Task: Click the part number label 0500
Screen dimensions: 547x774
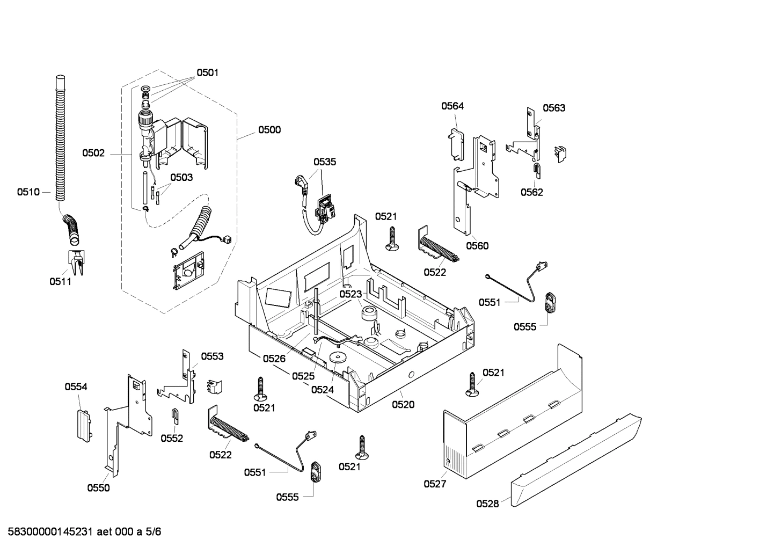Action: [x=269, y=129]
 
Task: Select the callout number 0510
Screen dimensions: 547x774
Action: [x=28, y=192]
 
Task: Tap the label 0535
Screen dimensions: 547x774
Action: [x=325, y=162]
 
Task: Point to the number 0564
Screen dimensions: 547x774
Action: [x=452, y=106]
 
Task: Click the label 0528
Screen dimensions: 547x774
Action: [x=487, y=504]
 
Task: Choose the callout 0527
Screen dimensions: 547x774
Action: [x=435, y=484]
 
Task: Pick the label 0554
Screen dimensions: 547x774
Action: [x=76, y=386]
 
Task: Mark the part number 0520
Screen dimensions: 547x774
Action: [x=403, y=404]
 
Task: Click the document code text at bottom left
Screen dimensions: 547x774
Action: [x=81, y=532]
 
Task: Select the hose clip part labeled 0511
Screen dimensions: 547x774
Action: [x=75, y=261]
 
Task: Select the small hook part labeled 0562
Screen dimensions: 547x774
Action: [x=537, y=171]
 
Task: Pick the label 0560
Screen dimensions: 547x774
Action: [x=477, y=246]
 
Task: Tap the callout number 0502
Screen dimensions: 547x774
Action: [x=93, y=153]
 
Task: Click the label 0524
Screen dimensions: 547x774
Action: [x=322, y=389]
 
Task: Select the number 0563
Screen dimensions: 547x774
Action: [x=554, y=108]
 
